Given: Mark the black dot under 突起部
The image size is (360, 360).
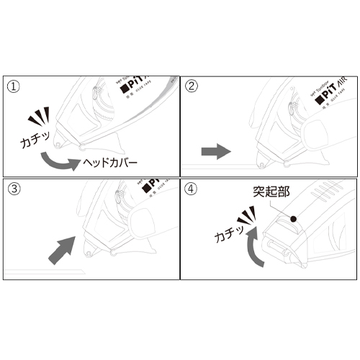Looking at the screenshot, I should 294,217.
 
